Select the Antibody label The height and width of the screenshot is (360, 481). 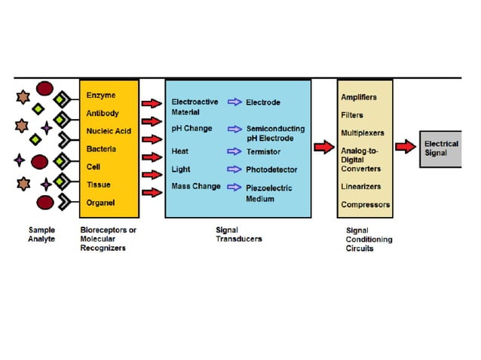pyautogui.click(x=102, y=114)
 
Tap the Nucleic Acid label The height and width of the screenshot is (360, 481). pyautogui.click(x=109, y=131)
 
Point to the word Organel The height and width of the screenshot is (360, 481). pyautogui.click(x=101, y=202)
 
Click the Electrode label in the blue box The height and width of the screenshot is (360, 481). pyautogui.click(x=262, y=102)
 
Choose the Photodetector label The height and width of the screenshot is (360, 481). pyautogui.click(x=271, y=169)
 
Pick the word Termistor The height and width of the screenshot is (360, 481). pyautogui.click(x=263, y=152)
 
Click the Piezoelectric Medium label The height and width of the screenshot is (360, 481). pyautogui.click(x=268, y=193)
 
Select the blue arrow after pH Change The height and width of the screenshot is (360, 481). pyautogui.click(x=234, y=129)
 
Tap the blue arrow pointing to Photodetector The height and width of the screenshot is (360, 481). pyautogui.click(x=234, y=169)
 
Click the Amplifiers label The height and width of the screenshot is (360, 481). pyautogui.click(x=359, y=97)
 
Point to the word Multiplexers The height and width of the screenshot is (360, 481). pyautogui.click(x=362, y=133)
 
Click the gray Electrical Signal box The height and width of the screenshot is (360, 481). pyautogui.click(x=441, y=148)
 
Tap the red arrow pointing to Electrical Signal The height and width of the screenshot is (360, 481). pyautogui.click(x=405, y=147)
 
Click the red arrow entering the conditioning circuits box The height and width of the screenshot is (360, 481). pyautogui.click(x=323, y=148)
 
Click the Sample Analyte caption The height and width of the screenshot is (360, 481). pyautogui.click(x=42, y=234)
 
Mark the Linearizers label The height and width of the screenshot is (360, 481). pyautogui.click(x=361, y=186)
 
